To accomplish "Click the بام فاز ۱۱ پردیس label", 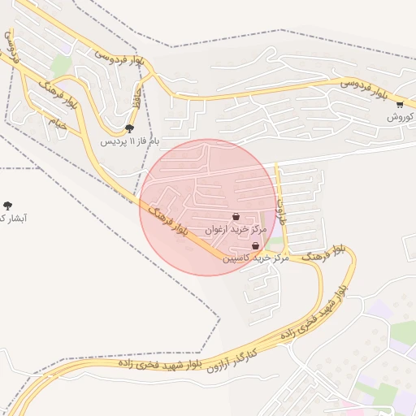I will click(130, 141).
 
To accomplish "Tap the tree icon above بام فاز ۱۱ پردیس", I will click(130, 128).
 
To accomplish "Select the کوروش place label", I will click(401, 116).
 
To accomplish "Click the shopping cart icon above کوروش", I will click(400, 104).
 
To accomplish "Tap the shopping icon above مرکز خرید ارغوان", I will click(236, 217).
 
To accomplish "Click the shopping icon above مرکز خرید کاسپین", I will click(256, 245).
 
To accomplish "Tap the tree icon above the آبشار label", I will click(8, 206).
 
